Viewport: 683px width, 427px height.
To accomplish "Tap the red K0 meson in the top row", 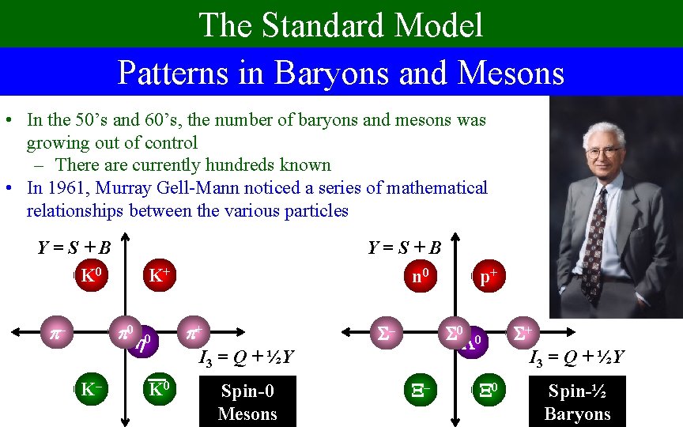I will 92,277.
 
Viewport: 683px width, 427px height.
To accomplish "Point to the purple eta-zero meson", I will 143,342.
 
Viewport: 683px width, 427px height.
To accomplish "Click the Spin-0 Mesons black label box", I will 247,402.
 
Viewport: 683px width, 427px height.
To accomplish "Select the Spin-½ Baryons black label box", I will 578,402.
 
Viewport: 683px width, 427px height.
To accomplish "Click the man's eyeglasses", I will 602,151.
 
